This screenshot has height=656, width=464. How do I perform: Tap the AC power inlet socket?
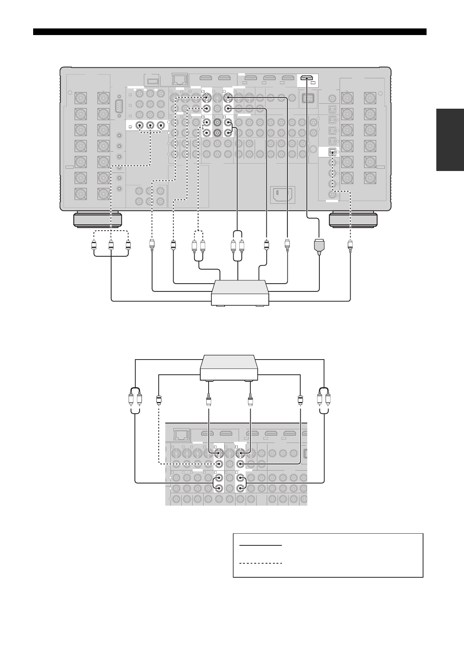[x=283, y=194]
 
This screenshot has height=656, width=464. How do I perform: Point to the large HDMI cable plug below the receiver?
[x=319, y=246]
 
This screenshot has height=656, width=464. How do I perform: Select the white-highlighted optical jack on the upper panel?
[x=331, y=152]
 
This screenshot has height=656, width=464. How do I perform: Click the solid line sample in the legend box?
[x=260, y=546]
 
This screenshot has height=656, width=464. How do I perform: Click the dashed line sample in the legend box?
[x=260, y=563]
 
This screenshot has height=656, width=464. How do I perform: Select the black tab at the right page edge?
[x=450, y=140]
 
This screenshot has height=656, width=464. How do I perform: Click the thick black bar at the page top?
[x=230, y=32]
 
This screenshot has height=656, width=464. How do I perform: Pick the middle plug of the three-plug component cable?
[x=111, y=246]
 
